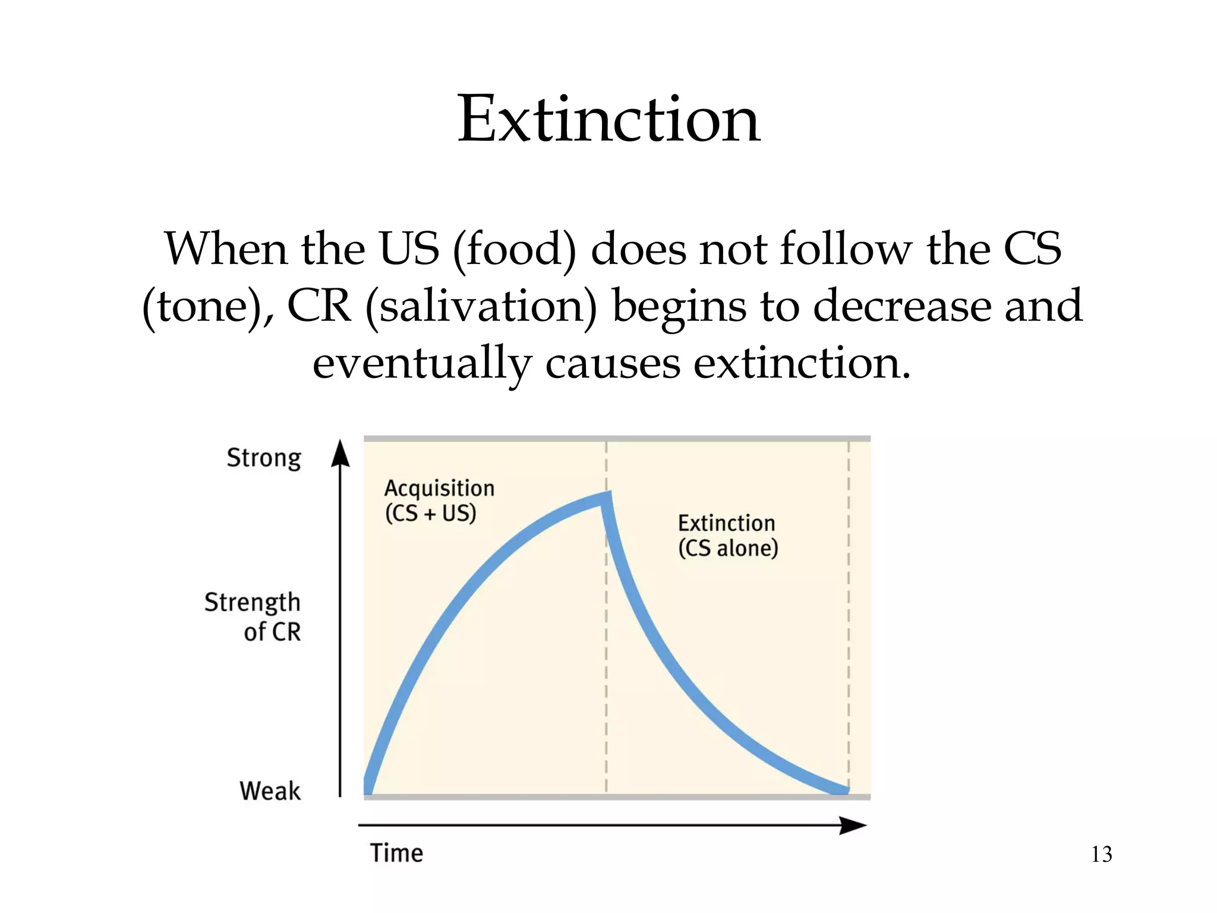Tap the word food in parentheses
(515, 250)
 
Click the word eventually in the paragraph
(422, 364)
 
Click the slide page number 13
(1101, 854)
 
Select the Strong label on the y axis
(264, 458)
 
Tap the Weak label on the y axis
(270, 791)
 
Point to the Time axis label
(396, 853)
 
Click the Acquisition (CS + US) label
(439, 500)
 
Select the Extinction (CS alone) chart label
(727, 536)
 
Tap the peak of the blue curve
(607, 497)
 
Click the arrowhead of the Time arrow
(853, 825)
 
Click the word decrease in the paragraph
(901, 307)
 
